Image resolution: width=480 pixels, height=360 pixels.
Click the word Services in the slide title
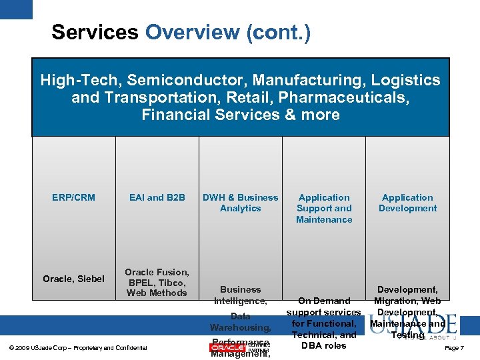coord(95,32)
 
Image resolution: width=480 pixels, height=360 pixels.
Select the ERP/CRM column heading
coord(73,197)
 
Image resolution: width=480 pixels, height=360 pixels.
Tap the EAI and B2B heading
coord(157,197)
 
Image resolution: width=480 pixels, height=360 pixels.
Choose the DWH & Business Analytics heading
coord(240,203)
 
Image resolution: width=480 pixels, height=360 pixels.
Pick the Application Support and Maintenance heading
coord(324,208)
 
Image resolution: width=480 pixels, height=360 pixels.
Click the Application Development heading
coord(407,203)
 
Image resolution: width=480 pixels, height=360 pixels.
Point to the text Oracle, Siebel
coord(73,279)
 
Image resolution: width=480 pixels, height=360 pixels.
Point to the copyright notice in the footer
coord(79,348)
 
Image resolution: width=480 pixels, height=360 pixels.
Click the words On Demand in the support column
coord(324,301)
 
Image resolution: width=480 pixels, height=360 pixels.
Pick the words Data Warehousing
coord(240,322)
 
